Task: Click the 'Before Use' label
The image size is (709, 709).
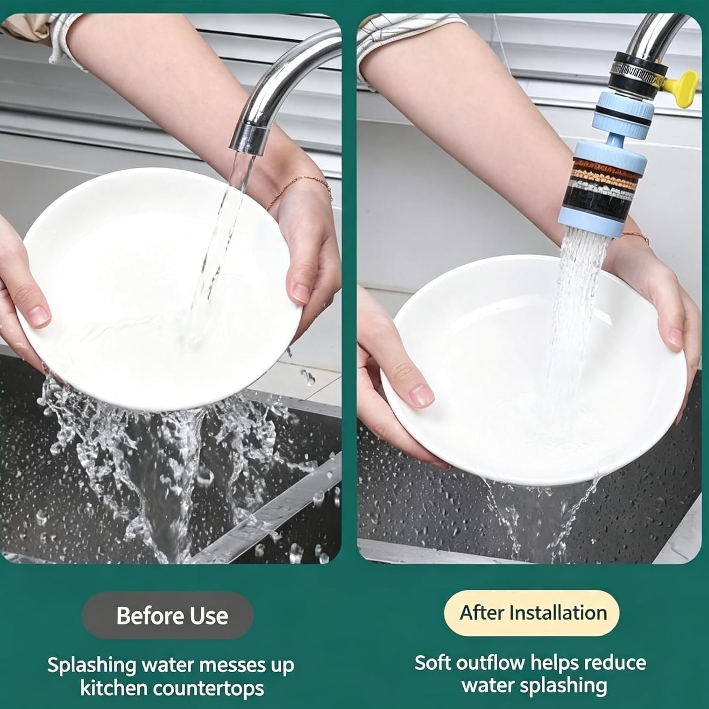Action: pyautogui.click(x=172, y=616)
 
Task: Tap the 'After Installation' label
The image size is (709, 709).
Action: pyautogui.click(x=533, y=613)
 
